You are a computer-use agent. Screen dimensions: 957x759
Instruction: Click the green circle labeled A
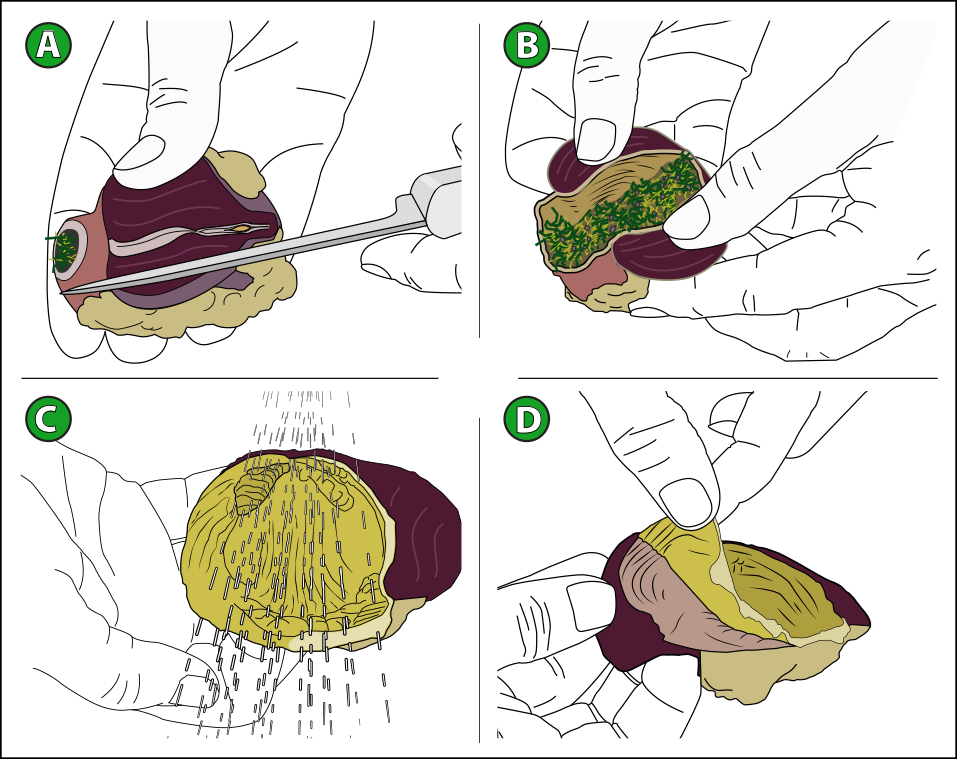(x=48, y=45)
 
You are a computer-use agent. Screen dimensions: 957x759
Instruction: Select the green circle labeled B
(x=527, y=45)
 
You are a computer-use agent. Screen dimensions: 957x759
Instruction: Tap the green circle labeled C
(x=48, y=419)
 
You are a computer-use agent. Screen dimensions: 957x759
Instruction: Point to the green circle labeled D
(x=527, y=419)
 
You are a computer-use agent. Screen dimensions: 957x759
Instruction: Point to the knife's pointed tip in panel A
(x=62, y=293)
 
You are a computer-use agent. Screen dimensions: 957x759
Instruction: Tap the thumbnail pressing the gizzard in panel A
(x=139, y=152)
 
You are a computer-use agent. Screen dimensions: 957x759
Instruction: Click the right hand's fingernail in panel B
(x=687, y=218)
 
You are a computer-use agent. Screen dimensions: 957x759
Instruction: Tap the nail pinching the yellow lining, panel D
(x=686, y=502)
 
